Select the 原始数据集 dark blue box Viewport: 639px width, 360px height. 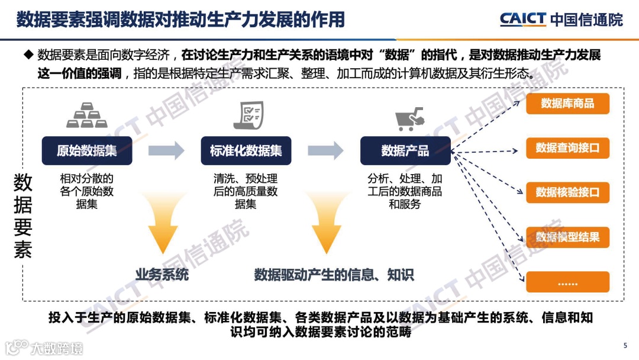[87, 150]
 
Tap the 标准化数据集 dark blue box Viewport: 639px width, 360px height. [246, 150]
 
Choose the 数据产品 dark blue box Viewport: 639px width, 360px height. [405, 150]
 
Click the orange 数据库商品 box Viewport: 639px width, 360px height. [567, 103]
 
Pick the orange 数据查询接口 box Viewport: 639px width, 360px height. [567, 147]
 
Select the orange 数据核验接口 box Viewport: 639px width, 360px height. [567, 192]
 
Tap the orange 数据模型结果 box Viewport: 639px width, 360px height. [567, 237]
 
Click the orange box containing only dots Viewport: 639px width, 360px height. [567, 282]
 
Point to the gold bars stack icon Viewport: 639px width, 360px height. [87, 116]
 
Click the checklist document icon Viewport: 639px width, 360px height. [248, 115]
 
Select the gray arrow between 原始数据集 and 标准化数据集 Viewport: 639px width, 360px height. [166, 150]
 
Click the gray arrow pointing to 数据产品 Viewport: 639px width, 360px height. [325, 150]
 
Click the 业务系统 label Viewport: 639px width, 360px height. [162, 275]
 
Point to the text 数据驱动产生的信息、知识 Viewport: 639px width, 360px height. [334, 275]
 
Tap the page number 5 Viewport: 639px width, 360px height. [625, 346]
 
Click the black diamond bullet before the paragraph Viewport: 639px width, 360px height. [27, 55]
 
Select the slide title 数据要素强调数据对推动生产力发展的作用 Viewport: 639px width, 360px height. [180, 19]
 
